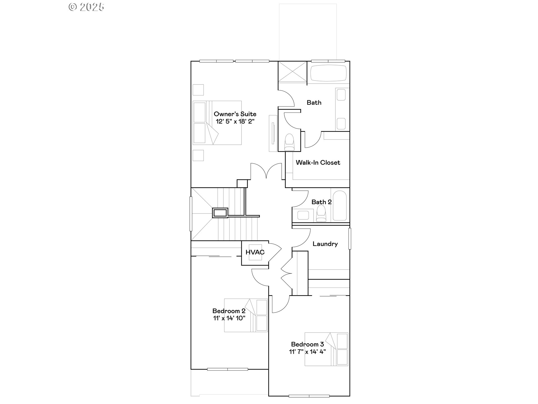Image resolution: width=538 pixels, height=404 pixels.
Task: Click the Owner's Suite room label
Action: click(x=235, y=114)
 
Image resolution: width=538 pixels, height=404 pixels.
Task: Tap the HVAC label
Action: click(x=255, y=252)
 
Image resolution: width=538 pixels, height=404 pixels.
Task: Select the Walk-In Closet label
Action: click(x=318, y=162)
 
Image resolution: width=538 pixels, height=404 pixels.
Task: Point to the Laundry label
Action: click(x=325, y=244)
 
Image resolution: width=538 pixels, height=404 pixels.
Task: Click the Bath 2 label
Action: click(x=321, y=202)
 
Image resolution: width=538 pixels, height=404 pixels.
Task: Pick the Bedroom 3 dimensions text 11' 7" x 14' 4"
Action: click(x=307, y=352)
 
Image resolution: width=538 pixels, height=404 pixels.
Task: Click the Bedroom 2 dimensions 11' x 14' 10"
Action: click(x=229, y=318)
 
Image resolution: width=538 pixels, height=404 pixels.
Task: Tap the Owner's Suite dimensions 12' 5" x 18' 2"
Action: click(x=235, y=121)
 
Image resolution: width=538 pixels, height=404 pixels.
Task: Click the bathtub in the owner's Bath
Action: click(x=328, y=74)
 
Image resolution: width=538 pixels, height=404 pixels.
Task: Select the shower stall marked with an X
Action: click(x=292, y=72)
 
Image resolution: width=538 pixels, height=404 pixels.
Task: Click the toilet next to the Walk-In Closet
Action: click(x=289, y=142)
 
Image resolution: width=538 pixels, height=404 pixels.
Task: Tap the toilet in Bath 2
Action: click(x=321, y=214)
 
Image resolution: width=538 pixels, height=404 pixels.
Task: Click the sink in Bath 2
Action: click(x=303, y=215)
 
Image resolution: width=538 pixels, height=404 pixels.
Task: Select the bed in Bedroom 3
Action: click(x=326, y=349)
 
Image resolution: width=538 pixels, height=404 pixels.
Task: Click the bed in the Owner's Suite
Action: click(x=217, y=123)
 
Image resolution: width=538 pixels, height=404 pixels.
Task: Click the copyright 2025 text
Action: click(x=87, y=7)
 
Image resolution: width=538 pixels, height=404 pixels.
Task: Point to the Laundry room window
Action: click(x=350, y=239)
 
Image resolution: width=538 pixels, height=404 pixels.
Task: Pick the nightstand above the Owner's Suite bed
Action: click(x=198, y=89)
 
